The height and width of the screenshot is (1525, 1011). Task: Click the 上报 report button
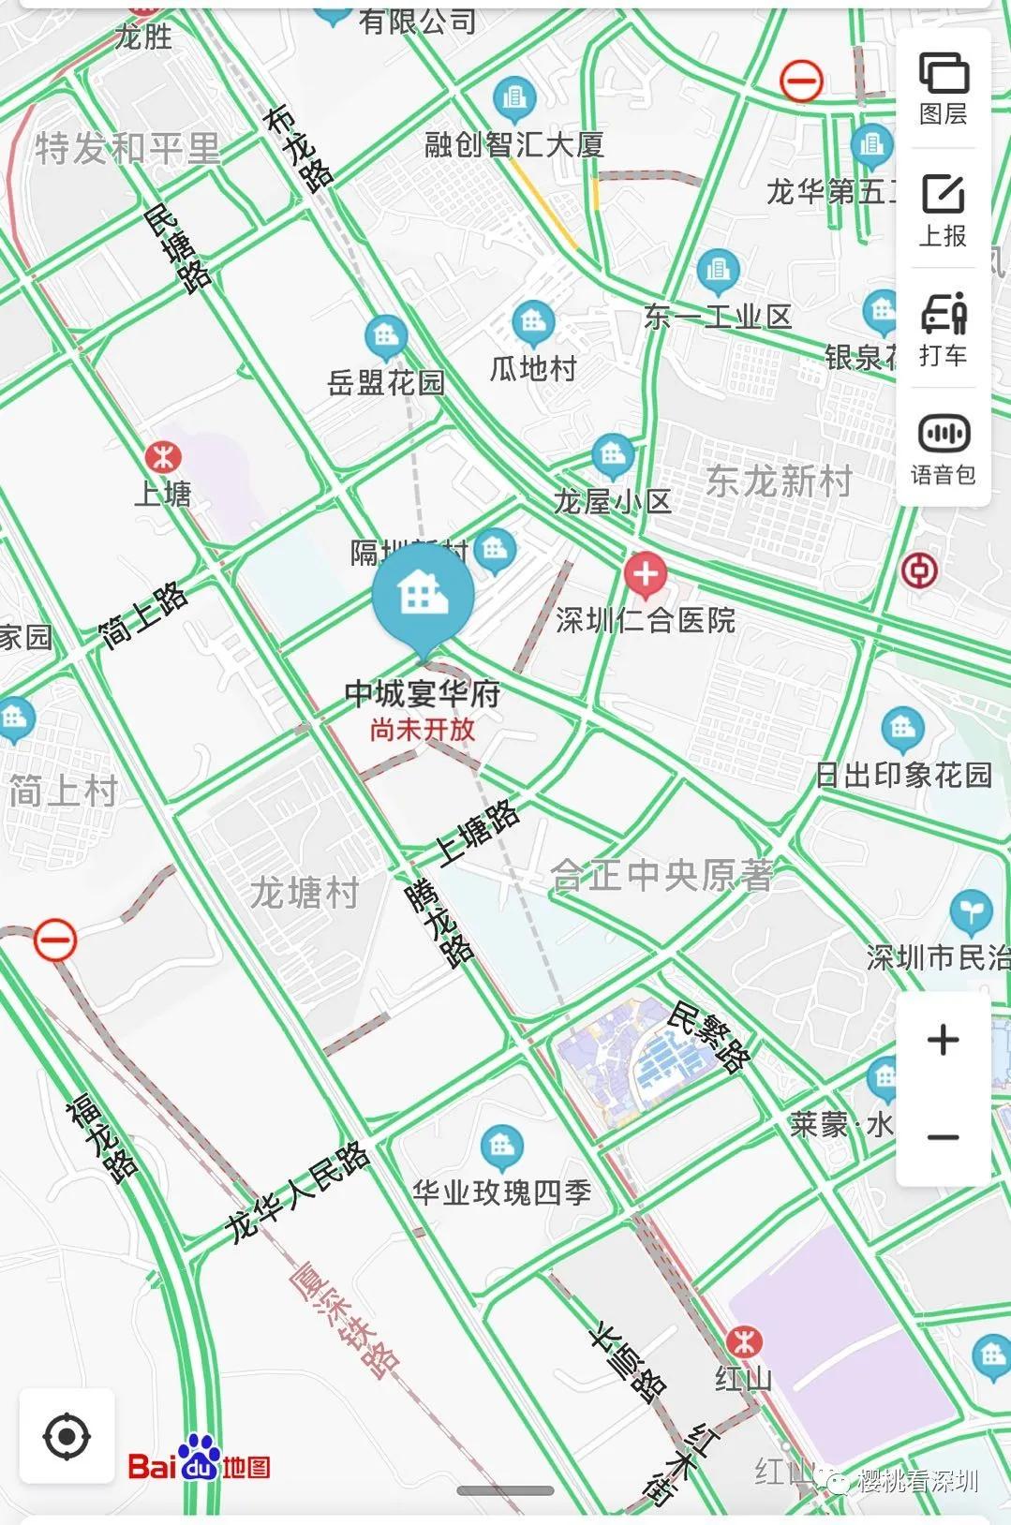pos(943,209)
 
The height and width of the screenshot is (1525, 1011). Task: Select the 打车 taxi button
pos(943,329)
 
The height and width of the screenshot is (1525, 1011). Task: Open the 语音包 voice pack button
pos(943,448)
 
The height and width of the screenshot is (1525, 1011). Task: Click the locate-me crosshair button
pos(67,1436)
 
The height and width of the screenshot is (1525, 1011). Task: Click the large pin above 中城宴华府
pos(423,596)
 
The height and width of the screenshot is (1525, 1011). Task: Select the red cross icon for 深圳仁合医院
pos(645,573)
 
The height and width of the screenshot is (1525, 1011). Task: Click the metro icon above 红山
pos(744,1341)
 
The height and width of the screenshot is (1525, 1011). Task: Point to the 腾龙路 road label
pos(439,924)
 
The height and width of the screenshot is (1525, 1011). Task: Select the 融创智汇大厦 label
pos(514,144)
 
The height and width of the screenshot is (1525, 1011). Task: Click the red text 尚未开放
pos(422,730)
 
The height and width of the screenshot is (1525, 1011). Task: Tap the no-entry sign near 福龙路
pos(55,940)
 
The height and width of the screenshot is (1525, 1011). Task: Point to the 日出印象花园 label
pos(902,775)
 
